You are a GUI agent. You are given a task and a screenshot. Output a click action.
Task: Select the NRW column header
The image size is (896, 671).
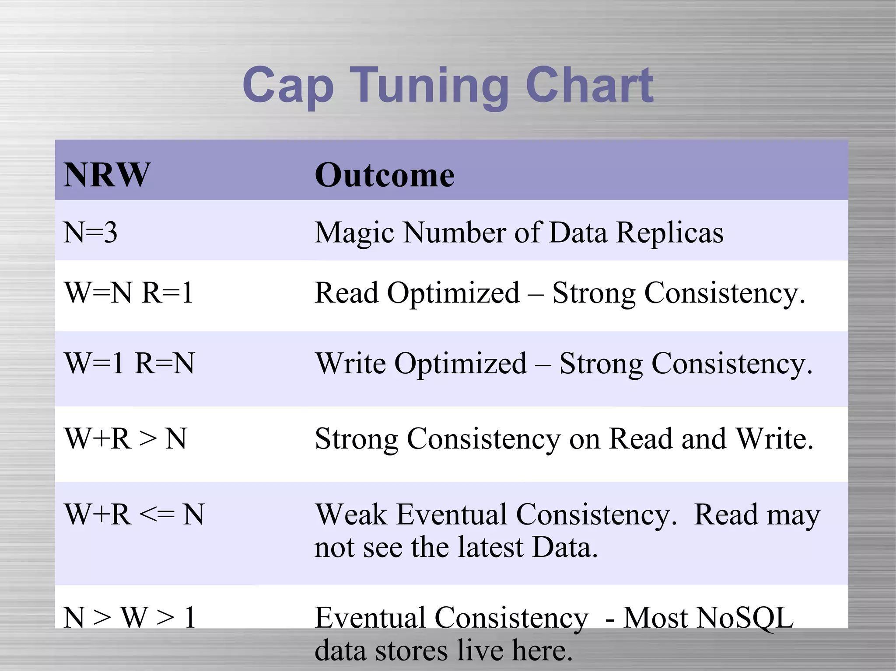pyautogui.click(x=107, y=175)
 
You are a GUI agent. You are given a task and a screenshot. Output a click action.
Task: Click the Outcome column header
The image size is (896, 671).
pyautogui.click(x=385, y=175)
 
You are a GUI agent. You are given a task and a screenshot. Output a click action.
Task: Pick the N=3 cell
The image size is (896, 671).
pyautogui.click(x=91, y=232)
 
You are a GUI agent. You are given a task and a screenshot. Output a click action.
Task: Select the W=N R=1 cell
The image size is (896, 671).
pyautogui.click(x=129, y=292)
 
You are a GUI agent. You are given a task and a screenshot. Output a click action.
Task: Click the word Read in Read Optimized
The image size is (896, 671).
pyautogui.click(x=346, y=292)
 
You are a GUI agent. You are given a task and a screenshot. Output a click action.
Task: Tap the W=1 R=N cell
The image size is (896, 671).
pyautogui.click(x=129, y=363)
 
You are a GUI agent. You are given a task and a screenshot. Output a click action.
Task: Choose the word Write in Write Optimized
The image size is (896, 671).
pyautogui.click(x=351, y=363)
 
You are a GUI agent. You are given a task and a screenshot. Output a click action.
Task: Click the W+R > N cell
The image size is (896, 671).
pyautogui.click(x=126, y=438)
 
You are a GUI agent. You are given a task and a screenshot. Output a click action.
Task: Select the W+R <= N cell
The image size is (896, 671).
pyautogui.click(x=134, y=514)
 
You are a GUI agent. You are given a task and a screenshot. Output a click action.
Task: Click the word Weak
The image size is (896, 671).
pyautogui.click(x=351, y=514)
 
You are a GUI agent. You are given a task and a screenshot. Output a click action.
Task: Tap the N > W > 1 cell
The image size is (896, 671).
pyautogui.click(x=129, y=618)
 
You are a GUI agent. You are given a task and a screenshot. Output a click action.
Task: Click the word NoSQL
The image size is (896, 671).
pyautogui.click(x=708, y=618)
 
